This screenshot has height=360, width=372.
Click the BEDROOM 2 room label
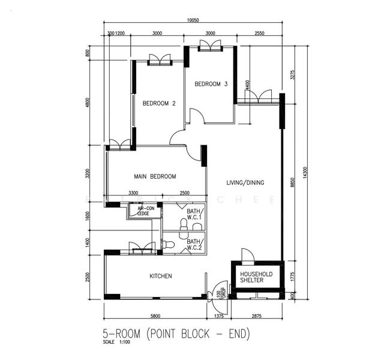coord(159,103)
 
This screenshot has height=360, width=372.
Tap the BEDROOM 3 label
coord(211,85)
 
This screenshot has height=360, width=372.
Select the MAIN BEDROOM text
coord(155,176)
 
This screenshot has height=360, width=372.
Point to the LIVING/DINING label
coord(245,182)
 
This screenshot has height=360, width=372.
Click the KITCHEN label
coord(161,276)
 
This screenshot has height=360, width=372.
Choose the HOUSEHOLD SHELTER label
coord(256,277)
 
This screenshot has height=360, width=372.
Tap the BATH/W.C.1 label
coord(195,215)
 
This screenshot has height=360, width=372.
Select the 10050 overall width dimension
coord(193,20)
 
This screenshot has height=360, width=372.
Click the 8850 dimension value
coord(292,183)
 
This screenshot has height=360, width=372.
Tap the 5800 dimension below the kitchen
coord(155,316)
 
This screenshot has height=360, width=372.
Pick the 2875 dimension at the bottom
coord(256,316)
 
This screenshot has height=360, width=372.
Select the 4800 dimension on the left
coord(88,103)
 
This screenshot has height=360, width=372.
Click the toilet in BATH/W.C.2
coord(169,245)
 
